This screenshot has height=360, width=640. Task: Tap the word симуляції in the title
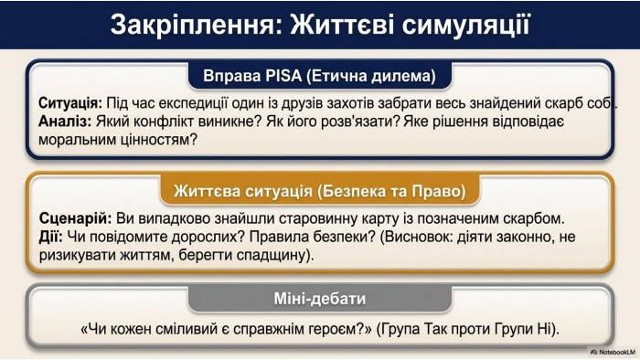[x=465, y=25]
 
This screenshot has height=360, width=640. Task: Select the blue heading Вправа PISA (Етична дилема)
[x=320, y=76]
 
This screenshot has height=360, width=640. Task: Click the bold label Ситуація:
[x=70, y=103]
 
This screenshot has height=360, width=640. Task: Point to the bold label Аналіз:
[x=65, y=122]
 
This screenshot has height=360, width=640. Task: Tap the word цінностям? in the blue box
[x=159, y=140]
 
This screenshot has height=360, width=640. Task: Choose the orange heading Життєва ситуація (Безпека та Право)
[x=320, y=191]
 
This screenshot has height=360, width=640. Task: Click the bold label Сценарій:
[x=76, y=218]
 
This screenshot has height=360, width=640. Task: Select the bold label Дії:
[x=50, y=237]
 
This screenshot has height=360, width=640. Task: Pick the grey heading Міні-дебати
[x=320, y=299]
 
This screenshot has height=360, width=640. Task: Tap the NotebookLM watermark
[x=613, y=352]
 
